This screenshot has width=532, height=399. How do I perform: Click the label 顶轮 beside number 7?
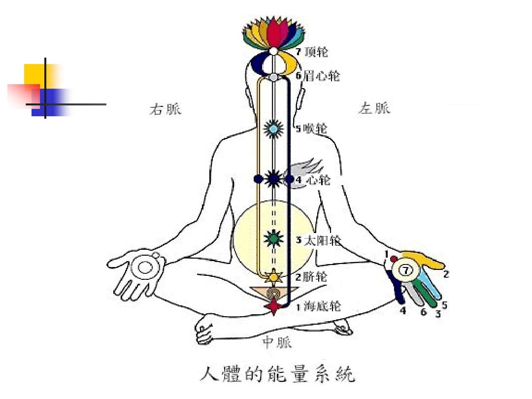click(316, 52)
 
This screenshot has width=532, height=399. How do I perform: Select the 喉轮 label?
click(316, 129)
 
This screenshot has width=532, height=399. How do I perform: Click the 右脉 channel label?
click(165, 109)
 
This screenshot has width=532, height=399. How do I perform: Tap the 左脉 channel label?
click(374, 108)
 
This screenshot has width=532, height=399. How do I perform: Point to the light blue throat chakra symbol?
click(272, 129)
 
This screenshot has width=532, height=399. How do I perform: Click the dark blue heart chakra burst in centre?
click(273, 179)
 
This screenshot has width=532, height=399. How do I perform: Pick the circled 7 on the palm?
click(405, 270)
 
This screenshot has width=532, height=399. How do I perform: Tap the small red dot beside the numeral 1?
click(394, 259)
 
